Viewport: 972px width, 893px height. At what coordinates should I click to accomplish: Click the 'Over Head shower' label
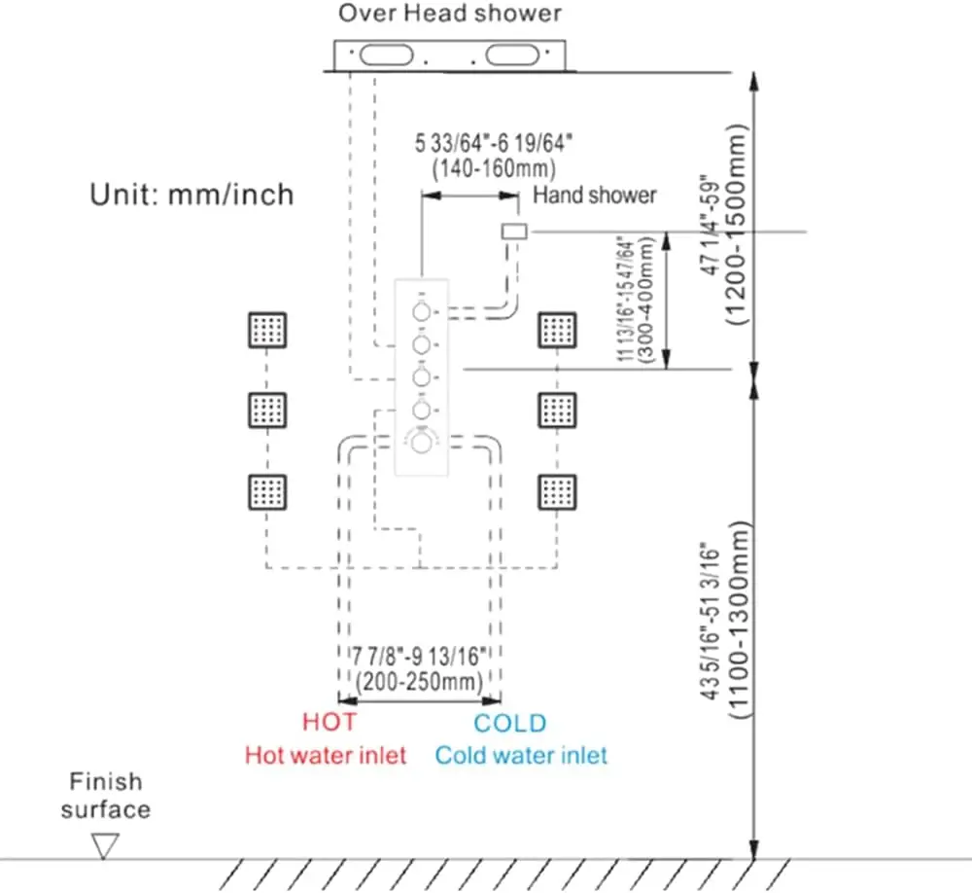[x=449, y=14]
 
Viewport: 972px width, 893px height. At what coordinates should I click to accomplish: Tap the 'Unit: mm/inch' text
[x=191, y=195]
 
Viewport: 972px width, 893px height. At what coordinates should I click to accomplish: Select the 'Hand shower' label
[x=595, y=195]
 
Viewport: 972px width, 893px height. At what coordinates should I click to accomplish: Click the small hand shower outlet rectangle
[x=514, y=232]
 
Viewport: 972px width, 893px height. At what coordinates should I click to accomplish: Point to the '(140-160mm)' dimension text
[x=494, y=168]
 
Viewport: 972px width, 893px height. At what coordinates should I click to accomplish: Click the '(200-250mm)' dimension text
[x=419, y=681]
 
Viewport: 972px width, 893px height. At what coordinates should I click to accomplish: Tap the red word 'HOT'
[x=330, y=722]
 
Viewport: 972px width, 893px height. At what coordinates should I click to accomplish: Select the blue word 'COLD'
[x=509, y=723]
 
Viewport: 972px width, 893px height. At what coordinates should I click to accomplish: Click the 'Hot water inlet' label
[x=326, y=755]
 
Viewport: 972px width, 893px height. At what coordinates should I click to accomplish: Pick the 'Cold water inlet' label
[x=521, y=755]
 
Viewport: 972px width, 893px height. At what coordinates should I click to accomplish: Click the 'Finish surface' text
[x=105, y=796]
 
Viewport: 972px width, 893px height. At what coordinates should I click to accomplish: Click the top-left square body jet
[x=267, y=330]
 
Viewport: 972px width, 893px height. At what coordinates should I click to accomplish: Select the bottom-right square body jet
[x=557, y=492]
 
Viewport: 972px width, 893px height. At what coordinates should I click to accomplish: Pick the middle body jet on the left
[x=267, y=411]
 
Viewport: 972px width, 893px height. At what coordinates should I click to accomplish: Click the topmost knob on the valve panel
[x=422, y=311]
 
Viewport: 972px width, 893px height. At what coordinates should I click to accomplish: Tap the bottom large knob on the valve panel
[x=422, y=443]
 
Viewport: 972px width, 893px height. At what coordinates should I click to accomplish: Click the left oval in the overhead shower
[x=386, y=54]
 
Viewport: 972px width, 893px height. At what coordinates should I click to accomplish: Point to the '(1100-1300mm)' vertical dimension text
[x=738, y=620]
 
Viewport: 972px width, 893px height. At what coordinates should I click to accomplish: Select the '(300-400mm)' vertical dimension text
[x=645, y=300]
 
